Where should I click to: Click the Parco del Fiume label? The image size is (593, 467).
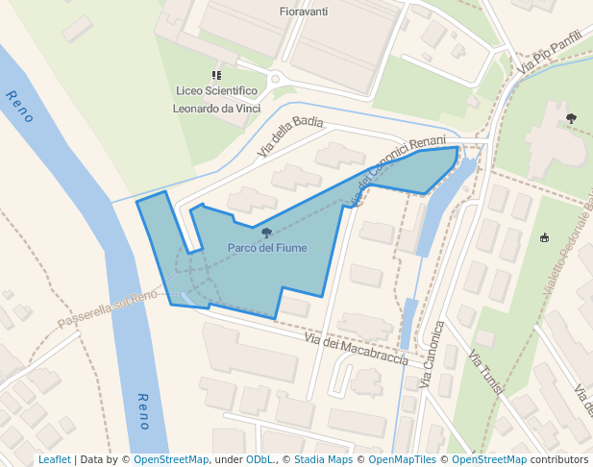click(x=267, y=248)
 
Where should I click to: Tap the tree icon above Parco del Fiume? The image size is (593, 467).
click(x=266, y=233)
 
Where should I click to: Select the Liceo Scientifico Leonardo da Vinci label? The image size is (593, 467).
click(x=216, y=100)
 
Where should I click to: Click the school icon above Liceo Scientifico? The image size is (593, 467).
click(x=216, y=74)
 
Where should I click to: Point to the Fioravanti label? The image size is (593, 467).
click(x=303, y=12)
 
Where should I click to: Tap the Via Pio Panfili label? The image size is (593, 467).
click(x=550, y=53)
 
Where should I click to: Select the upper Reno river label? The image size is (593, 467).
click(x=19, y=106)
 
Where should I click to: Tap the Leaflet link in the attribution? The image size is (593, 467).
click(x=55, y=460)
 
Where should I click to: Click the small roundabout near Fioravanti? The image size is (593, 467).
click(x=275, y=79)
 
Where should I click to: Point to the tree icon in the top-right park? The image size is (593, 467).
click(x=571, y=118)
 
